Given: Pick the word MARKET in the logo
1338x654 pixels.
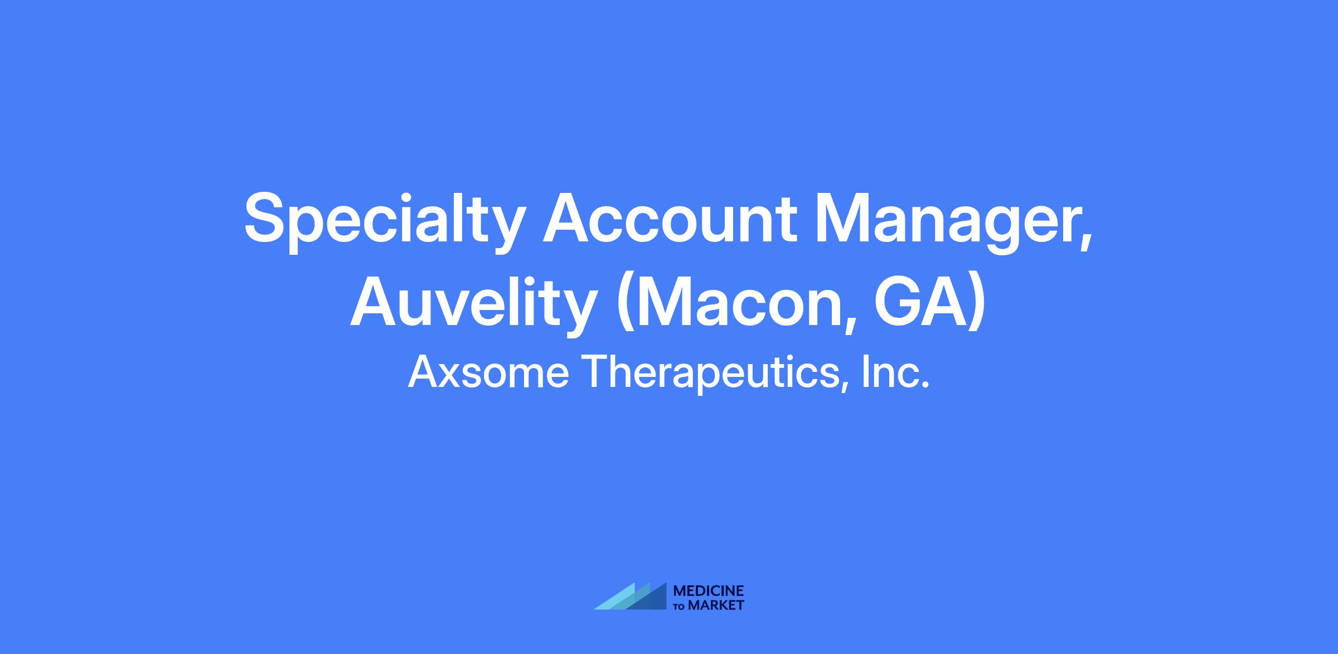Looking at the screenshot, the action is (716, 605).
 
